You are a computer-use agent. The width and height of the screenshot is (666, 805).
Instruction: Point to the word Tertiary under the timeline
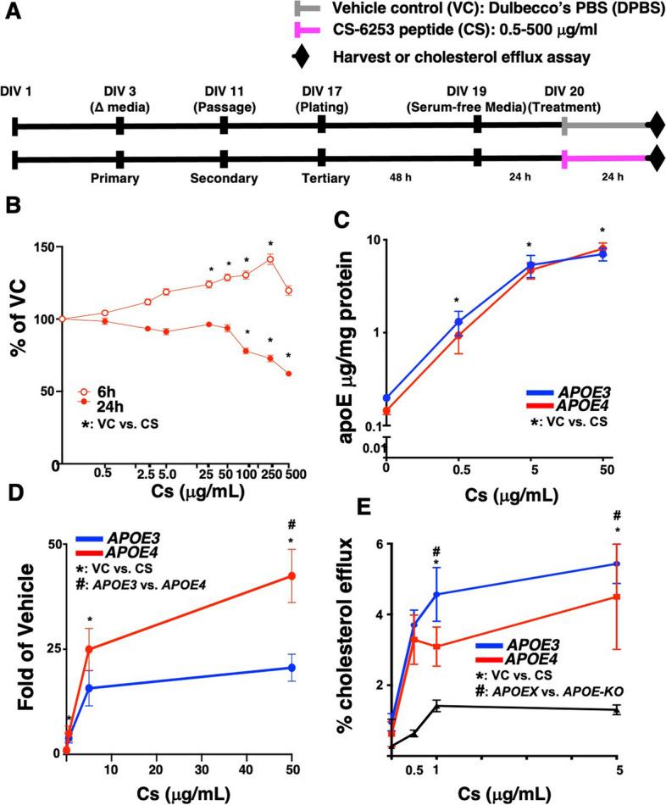(321, 178)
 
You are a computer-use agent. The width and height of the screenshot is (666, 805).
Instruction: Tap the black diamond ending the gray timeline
(656, 127)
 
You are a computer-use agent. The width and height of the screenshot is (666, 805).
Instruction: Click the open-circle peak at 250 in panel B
(270, 259)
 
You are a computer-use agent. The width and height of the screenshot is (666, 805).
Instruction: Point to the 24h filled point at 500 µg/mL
(289, 374)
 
